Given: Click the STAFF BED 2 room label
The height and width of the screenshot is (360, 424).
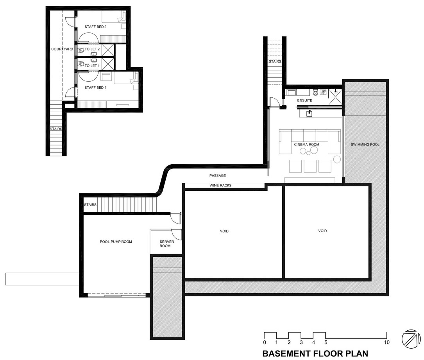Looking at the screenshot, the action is click(95, 27).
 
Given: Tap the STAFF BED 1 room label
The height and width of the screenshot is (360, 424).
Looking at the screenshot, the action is click(95, 88).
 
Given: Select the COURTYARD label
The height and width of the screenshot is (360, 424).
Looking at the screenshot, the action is click(62, 49).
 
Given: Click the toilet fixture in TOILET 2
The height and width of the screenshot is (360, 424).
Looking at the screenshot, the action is click(81, 50).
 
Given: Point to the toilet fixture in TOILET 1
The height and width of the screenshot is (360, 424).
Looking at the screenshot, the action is click(81, 64).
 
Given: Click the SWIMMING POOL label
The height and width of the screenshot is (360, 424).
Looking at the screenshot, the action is click(365, 145).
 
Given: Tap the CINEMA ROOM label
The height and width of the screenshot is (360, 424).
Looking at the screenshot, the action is click(307, 145).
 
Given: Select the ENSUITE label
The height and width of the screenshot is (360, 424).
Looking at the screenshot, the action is click(304, 100).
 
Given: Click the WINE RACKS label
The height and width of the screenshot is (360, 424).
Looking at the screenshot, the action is click(220, 185).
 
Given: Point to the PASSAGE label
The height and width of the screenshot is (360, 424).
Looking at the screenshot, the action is click(217, 176).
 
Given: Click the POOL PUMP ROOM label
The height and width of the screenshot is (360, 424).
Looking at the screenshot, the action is click(116, 242).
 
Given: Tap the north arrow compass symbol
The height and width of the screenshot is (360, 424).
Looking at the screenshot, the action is click(411, 339).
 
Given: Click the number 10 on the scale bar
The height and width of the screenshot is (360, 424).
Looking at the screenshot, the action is click(387, 342).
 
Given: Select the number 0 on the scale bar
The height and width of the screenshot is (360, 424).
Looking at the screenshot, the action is click(265, 342).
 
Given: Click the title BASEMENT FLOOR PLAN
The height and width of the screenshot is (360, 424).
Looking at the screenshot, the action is click(315, 353).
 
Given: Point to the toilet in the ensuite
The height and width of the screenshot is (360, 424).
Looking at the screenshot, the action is click(316, 93).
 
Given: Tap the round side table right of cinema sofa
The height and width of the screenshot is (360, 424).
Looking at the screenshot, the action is click(337, 159).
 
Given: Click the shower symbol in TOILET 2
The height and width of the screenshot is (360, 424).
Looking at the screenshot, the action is click(108, 50).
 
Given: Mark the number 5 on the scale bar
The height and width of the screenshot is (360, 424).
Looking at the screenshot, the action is click(326, 342).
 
